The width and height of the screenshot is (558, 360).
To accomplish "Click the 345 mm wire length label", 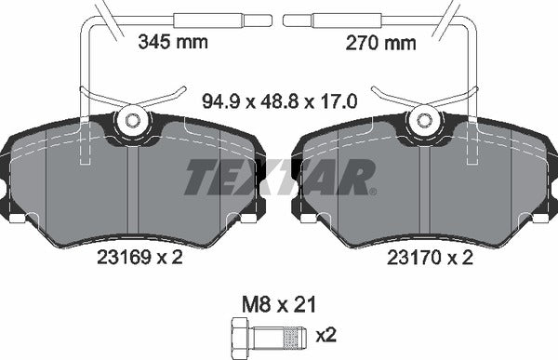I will point(173,41).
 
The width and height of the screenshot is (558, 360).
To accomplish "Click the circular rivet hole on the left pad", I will point(131,120).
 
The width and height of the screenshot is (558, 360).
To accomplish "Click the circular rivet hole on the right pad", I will point(427,120).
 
